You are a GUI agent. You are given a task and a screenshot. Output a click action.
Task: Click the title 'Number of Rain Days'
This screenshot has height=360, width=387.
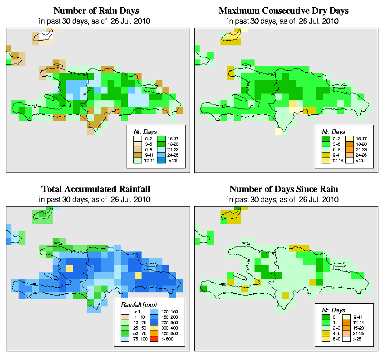click(x=96, y=10)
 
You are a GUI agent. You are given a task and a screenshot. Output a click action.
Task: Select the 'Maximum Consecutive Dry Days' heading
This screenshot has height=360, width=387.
click(x=284, y=10)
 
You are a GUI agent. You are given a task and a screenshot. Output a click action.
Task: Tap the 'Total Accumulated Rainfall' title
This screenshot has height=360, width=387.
click(x=96, y=189)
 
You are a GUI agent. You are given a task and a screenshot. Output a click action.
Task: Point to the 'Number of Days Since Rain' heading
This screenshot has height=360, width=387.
click(x=284, y=189)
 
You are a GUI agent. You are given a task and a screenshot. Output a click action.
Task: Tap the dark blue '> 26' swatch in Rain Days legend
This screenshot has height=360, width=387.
click(x=161, y=160)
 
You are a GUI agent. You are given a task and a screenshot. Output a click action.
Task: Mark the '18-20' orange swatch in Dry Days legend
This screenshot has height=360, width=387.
click(x=349, y=143)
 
